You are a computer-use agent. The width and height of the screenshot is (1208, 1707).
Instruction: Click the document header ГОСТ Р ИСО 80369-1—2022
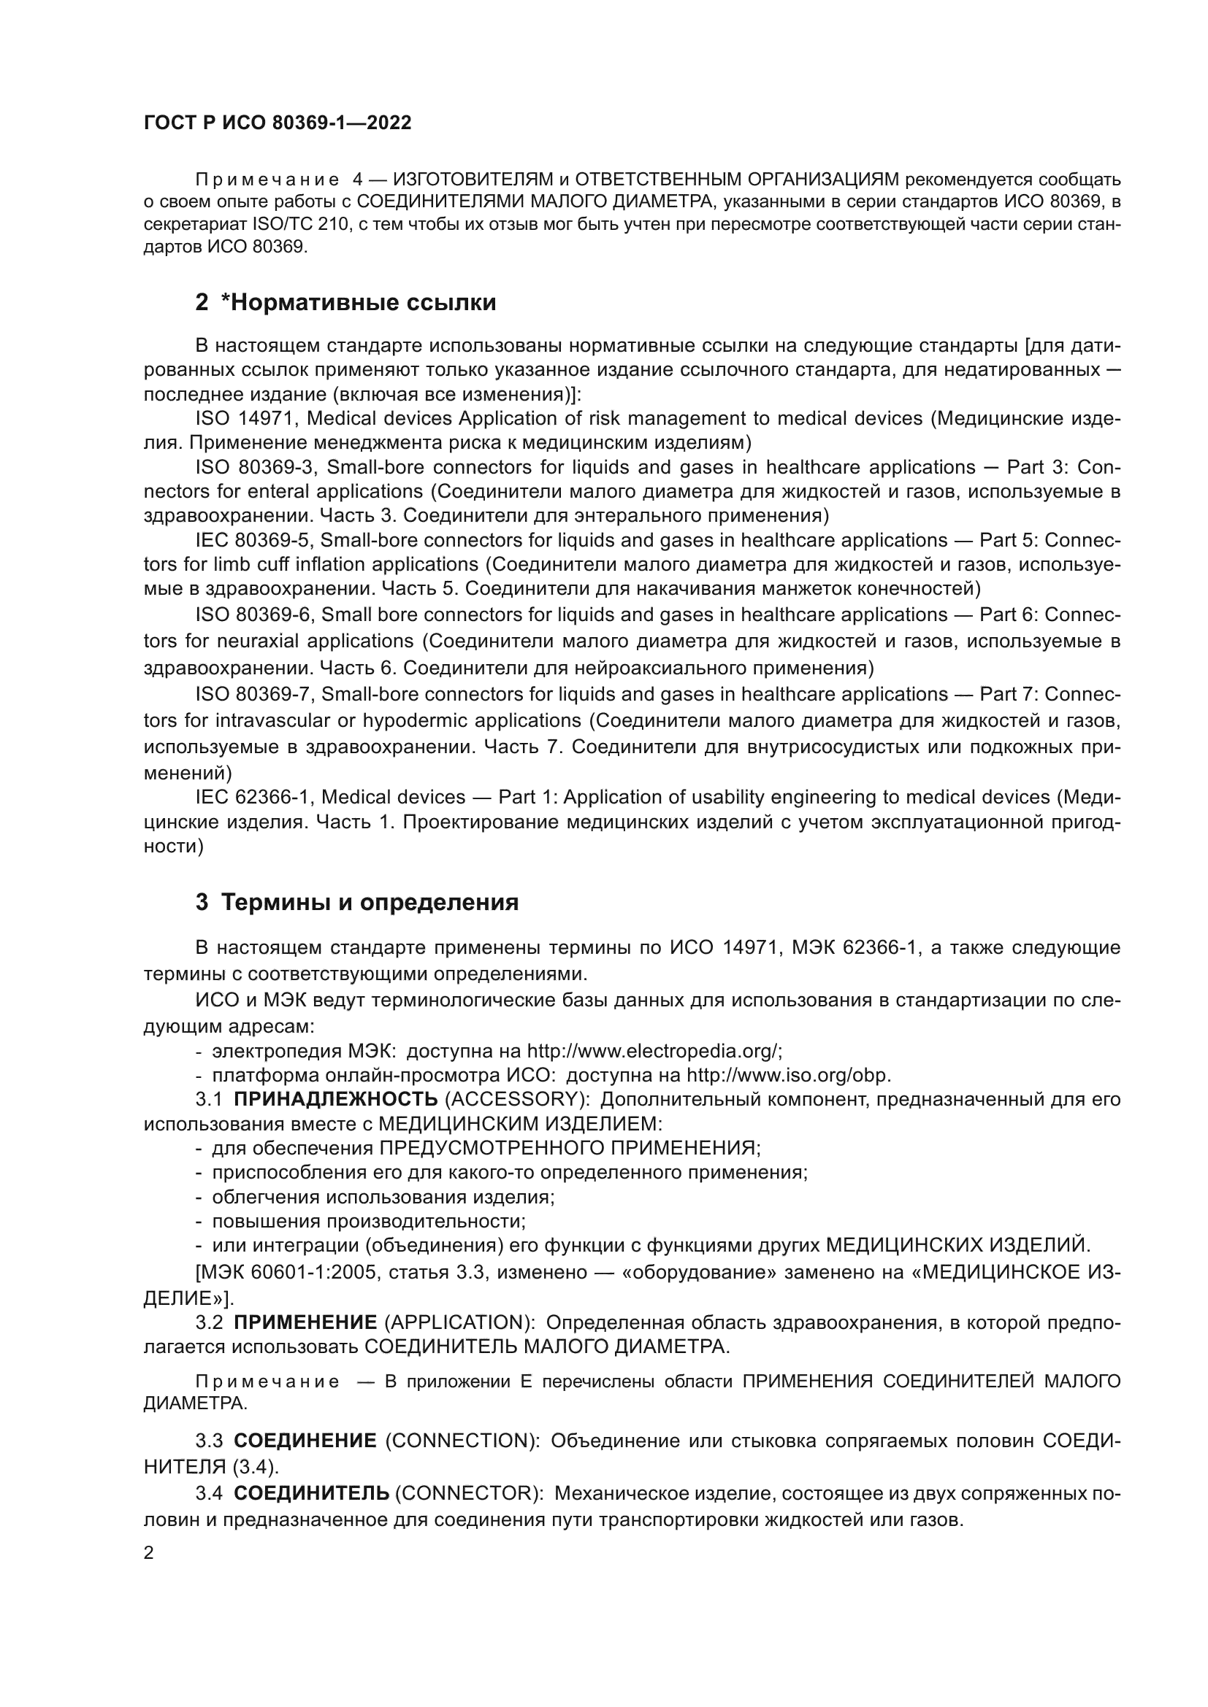click(x=277, y=123)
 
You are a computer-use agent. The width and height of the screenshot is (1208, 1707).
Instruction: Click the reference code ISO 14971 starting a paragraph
click(x=245, y=419)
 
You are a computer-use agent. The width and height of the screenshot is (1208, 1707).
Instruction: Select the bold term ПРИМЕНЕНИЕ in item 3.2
click(x=306, y=1322)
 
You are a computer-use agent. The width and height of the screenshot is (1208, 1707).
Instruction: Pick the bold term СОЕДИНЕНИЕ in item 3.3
click(x=305, y=1441)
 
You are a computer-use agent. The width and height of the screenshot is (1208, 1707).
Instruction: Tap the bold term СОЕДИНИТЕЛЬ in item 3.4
click(x=312, y=1493)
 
